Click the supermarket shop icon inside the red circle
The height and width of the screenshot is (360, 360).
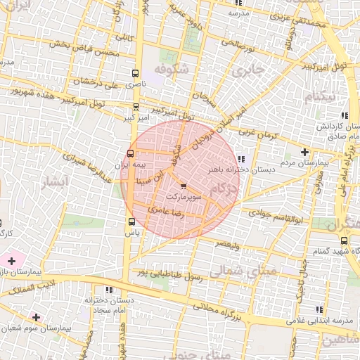(x=184, y=187)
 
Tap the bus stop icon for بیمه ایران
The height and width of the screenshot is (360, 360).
(x=130, y=153)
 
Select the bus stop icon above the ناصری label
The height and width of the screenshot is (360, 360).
(x=135, y=72)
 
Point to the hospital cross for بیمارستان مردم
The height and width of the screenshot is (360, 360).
(x=304, y=152)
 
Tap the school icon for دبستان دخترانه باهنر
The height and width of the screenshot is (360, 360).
(x=242, y=159)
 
